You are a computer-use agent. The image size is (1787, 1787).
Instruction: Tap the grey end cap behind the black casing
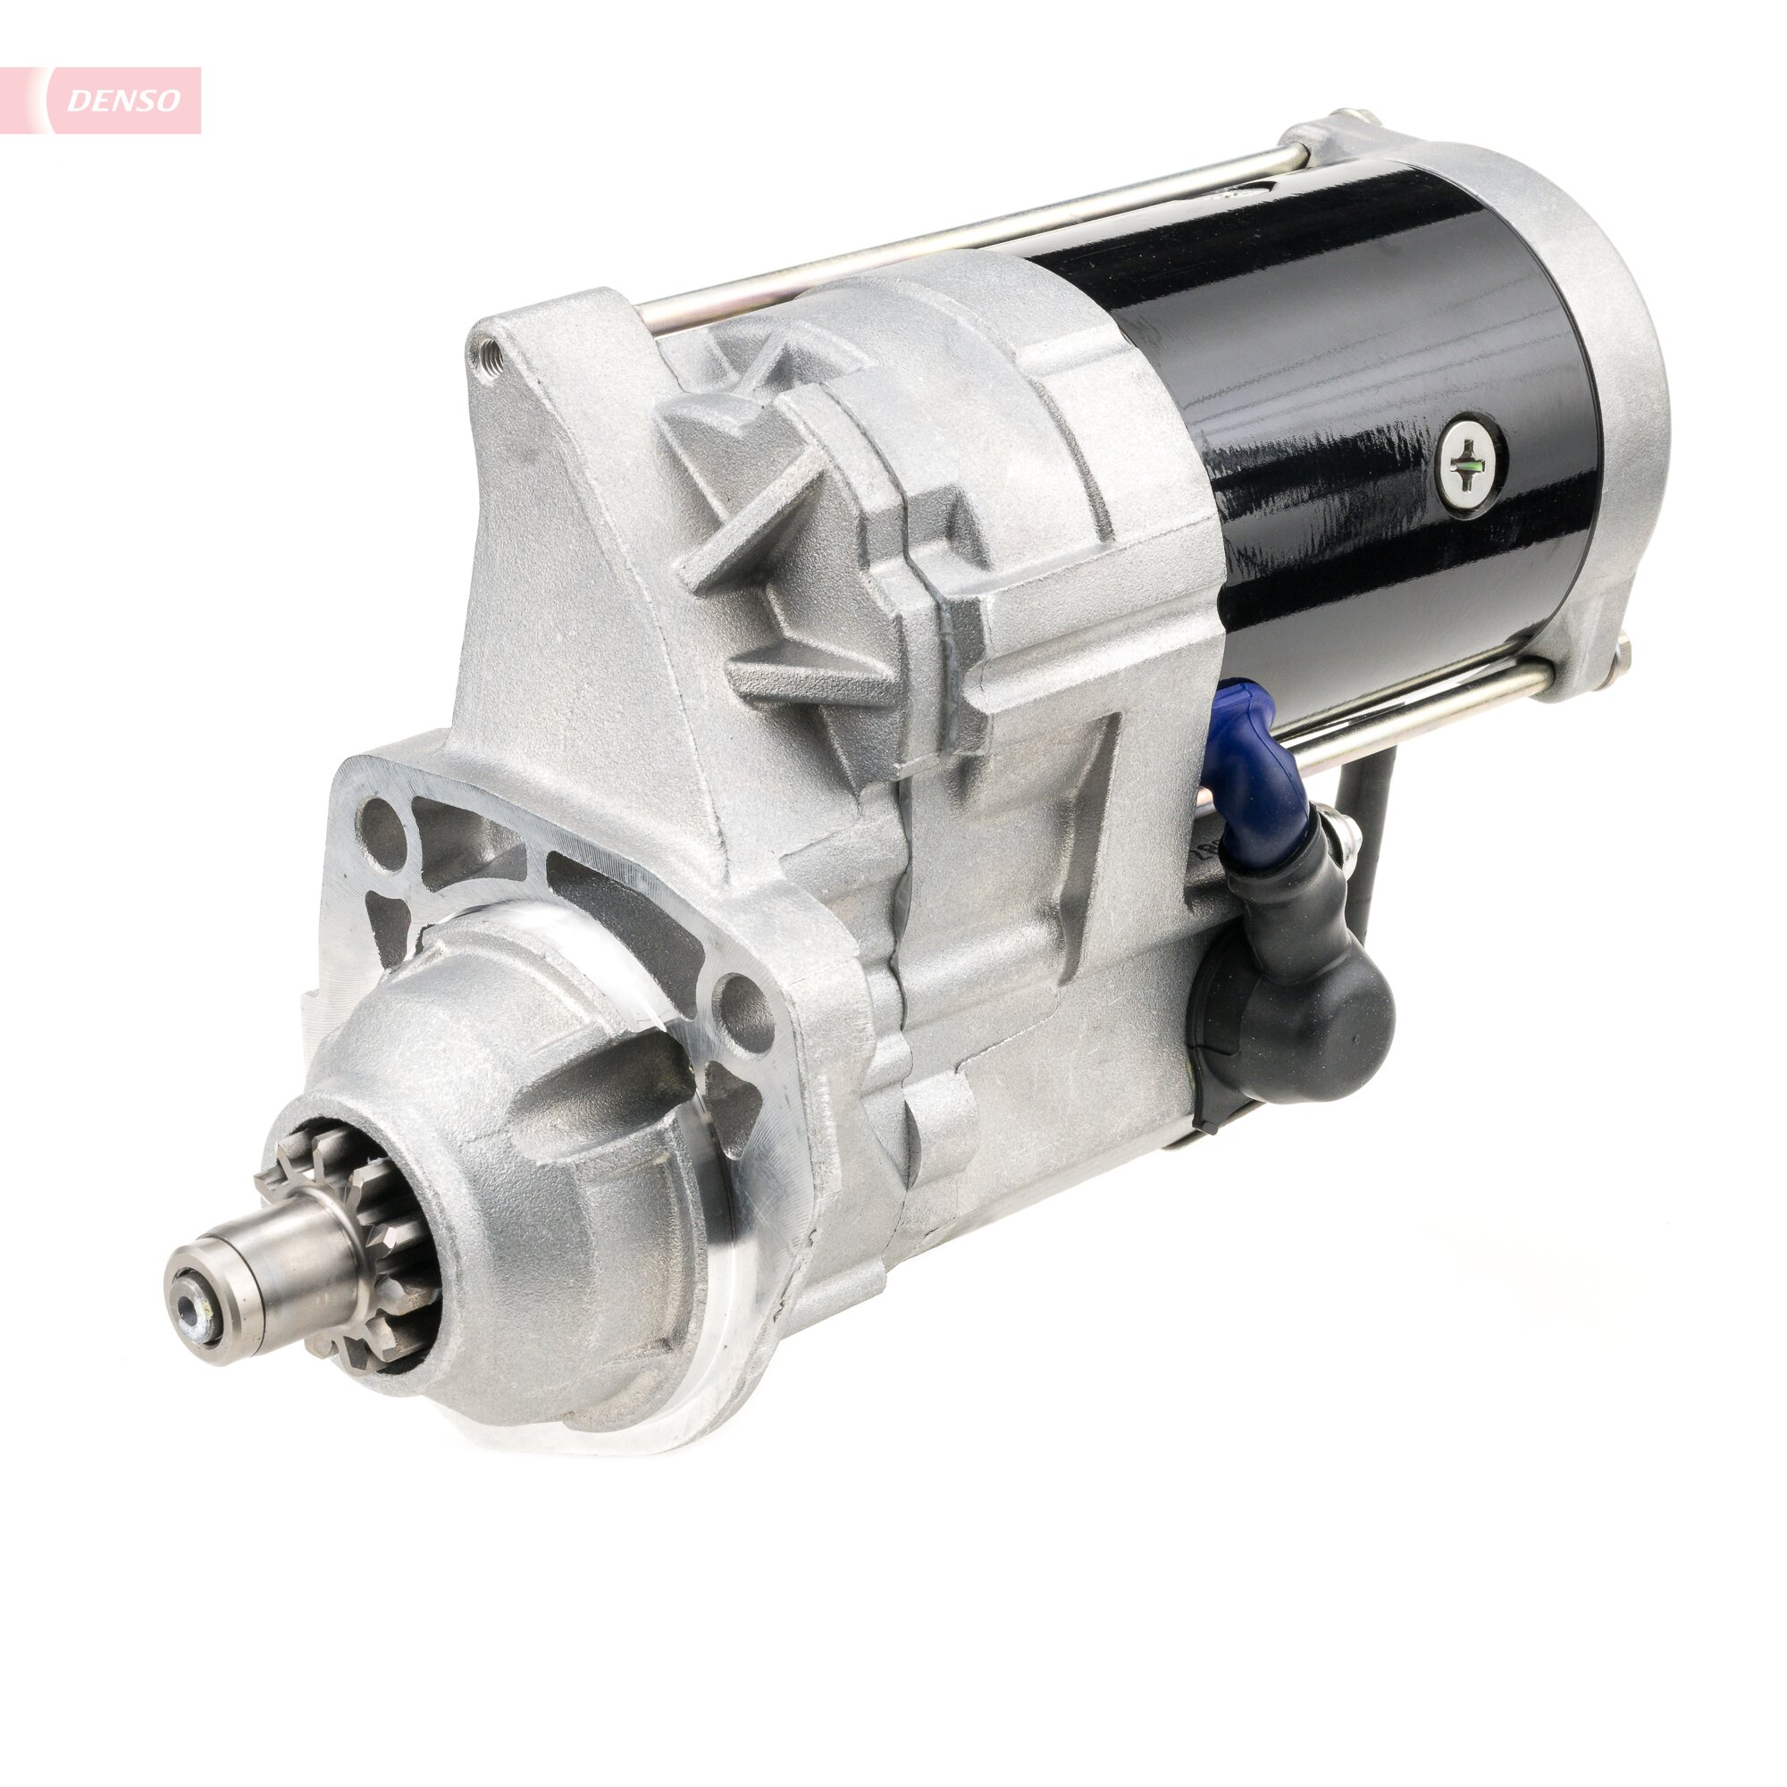coord(1609,389)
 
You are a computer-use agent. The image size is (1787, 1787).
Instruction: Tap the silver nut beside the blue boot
coord(1346,837)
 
